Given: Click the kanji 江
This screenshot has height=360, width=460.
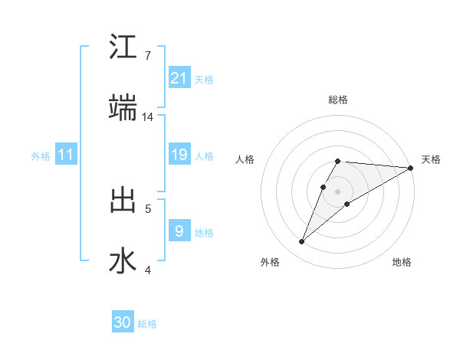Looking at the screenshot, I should [123, 47].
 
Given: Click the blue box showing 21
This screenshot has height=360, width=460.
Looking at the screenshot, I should [179, 77].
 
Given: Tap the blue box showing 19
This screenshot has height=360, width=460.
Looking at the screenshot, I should [179, 155].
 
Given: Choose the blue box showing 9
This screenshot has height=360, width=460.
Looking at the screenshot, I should [179, 231].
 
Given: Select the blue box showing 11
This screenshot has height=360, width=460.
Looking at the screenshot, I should [66, 155].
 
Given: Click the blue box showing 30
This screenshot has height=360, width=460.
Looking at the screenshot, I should [123, 322].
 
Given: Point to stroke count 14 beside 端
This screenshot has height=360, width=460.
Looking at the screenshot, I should [148, 117].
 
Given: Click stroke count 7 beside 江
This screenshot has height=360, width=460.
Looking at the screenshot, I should [147, 56].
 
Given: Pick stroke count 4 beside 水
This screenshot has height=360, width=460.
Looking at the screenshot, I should [147, 270].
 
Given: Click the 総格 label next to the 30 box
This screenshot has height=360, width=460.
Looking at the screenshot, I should [147, 324].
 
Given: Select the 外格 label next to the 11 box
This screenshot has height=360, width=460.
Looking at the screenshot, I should [41, 156].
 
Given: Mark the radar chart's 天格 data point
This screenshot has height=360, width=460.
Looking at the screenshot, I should [410, 168].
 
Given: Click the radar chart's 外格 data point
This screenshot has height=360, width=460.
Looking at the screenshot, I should [302, 242].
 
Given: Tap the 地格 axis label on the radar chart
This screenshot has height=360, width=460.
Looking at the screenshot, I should [402, 262].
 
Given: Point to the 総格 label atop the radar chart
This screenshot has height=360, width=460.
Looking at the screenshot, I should [338, 100].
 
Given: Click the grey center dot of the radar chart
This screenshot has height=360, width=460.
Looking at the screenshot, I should [338, 191].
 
